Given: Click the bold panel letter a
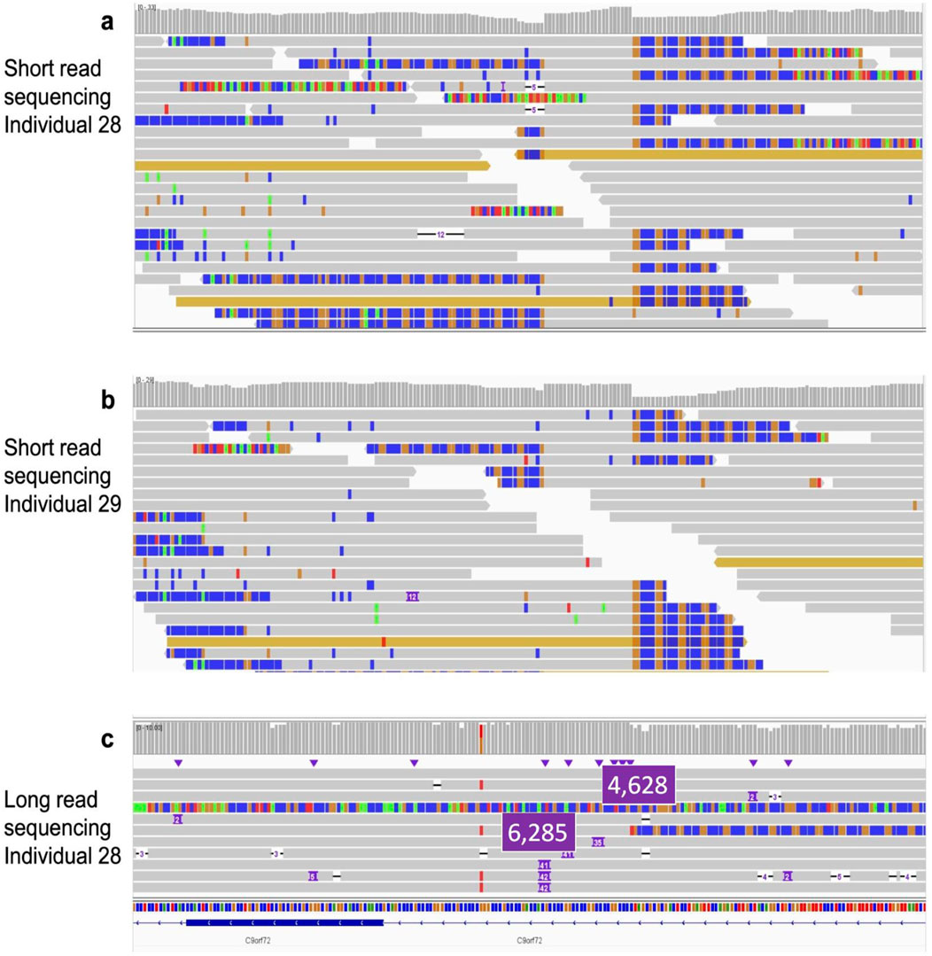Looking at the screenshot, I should point(107,22).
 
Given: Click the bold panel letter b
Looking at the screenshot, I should point(107,399).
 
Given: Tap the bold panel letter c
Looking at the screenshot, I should point(107,740).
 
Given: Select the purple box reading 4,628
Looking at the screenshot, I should point(640,785).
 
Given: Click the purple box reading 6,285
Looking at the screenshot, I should point(539,832).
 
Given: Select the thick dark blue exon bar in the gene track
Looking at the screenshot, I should point(283,922).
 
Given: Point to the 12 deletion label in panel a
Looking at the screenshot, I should point(440,234).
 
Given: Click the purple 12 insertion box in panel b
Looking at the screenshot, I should point(412,597).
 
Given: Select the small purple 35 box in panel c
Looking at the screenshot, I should point(598,842).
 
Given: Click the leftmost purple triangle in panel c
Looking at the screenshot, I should point(178,763).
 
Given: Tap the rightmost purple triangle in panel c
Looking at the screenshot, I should point(788,763).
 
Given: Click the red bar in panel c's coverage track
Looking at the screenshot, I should point(480,737).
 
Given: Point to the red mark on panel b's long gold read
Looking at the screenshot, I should point(383,641).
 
